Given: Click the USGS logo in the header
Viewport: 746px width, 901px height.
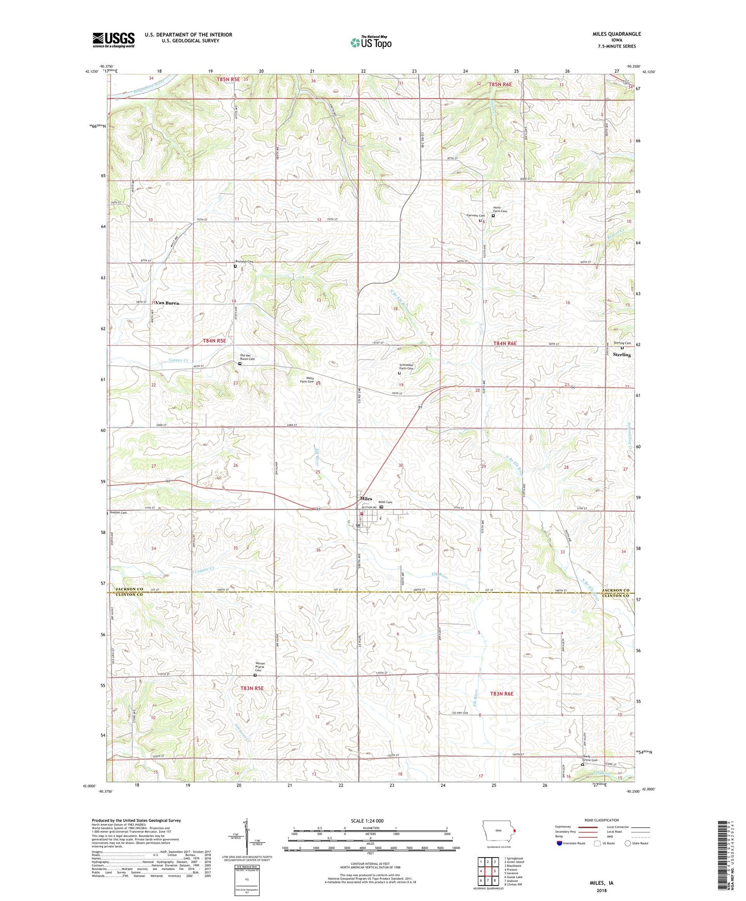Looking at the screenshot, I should pyautogui.click(x=113, y=40).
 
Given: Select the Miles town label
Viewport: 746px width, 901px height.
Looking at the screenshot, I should pyautogui.click(x=366, y=499).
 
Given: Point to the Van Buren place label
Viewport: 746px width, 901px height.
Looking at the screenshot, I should pyautogui.click(x=167, y=303).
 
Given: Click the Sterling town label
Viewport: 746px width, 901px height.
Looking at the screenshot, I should pyautogui.click(x=622, y=355).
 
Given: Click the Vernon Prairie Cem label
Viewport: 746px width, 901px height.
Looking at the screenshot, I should pyautogui.click(x=261, y=667).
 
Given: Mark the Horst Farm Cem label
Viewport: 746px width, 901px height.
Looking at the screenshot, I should pyautogui.click(x=500, y=210).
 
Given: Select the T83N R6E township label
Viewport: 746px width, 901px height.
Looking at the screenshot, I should pyautogui.click(x=502, y=694).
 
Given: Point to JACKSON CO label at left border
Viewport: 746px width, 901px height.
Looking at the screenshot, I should pyautogui.click(x=129, y=589).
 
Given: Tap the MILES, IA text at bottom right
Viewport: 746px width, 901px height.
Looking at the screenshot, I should pyautogui.click(x=601, y=883).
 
